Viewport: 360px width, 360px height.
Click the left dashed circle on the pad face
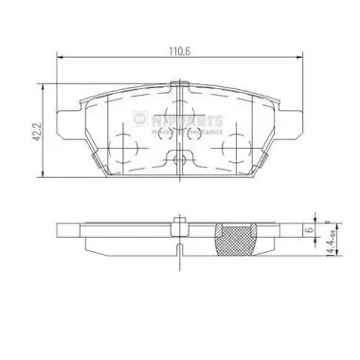pos(124,144)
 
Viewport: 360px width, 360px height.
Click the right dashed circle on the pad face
pos(232,144)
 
